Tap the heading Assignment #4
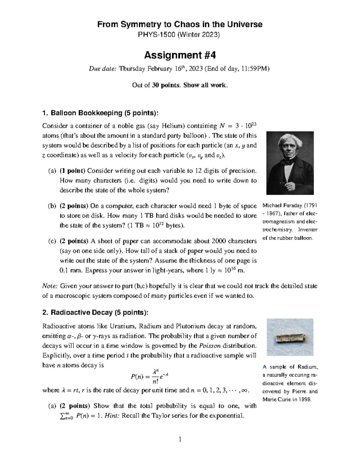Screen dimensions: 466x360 (x=180, y=56)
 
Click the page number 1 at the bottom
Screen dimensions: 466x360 (x=180, y=440)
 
